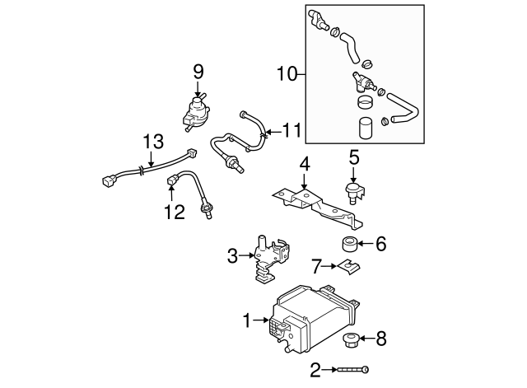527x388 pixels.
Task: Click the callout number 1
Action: pos(246,318)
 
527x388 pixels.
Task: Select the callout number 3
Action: pos(232,256)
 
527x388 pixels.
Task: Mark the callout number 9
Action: pos(198,72)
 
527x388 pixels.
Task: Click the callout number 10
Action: pos(286,74)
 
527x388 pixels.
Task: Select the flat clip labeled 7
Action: pos(348,266)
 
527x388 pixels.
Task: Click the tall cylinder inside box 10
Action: pos(365,129)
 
